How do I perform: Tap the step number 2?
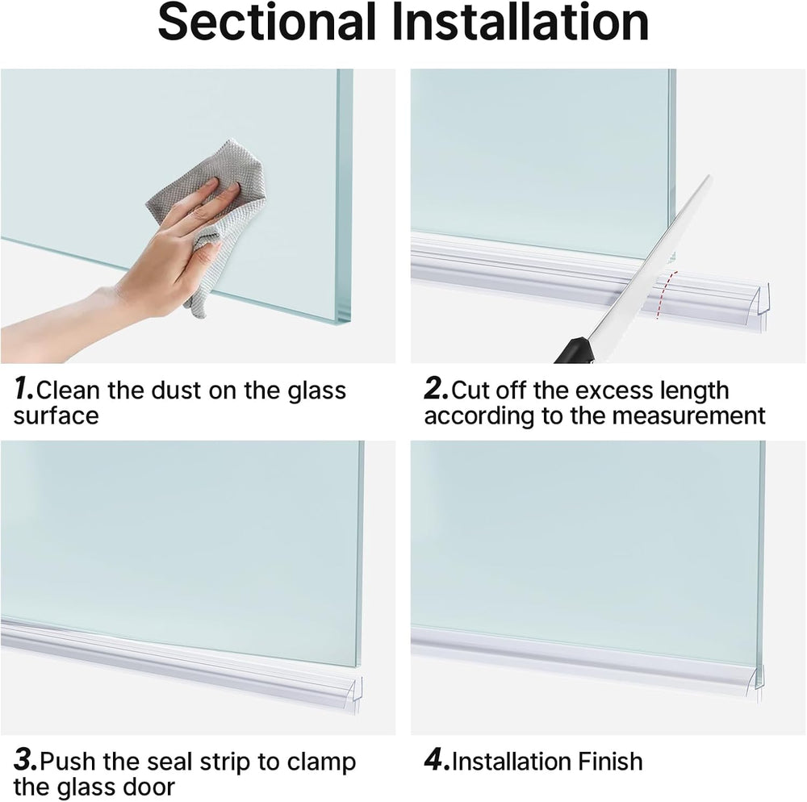435,391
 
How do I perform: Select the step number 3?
24,761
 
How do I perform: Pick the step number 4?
437,761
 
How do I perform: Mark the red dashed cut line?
663,294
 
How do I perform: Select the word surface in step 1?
56,416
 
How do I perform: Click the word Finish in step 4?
610,762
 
